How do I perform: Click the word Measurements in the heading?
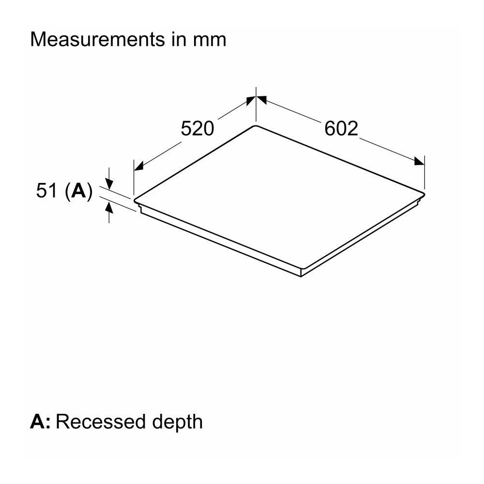[98, 40]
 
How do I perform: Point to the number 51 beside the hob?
[47, 190]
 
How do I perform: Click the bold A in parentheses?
[78, 190]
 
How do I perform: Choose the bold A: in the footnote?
[40, 422]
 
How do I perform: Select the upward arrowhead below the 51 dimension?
[109, 208]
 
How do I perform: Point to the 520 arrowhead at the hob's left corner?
[138, 166]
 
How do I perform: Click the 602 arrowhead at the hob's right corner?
[419, 161]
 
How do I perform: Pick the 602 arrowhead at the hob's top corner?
[261, 100]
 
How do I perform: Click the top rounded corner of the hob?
[255, 126]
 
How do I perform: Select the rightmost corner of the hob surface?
[424, 194]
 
